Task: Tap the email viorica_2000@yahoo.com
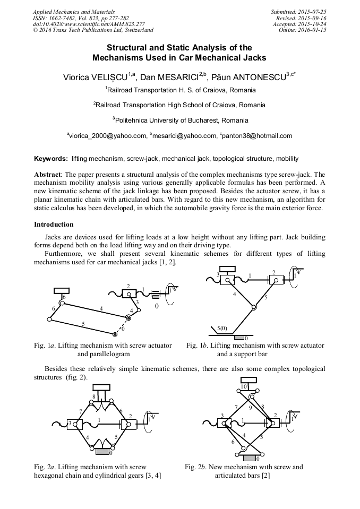point(108,136)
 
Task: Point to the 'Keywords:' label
point(51,159)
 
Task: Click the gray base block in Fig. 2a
point(102,452)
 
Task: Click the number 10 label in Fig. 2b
point(244,386)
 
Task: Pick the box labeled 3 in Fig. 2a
point(73,423)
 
